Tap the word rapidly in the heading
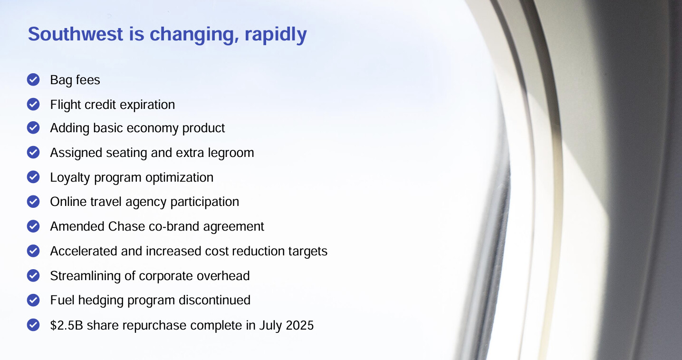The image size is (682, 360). (x=276, y=35)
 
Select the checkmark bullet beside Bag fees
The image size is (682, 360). (x=33, y=79)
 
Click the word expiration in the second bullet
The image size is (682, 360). (x=147, y=105)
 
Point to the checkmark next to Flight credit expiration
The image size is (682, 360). (x=33, y=104)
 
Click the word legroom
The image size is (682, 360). (x=231, y=153)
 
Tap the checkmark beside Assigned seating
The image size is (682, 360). (x=33, y=152)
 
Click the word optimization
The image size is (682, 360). (x=179, y=178)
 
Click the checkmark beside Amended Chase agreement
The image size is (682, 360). (x=33, y=226)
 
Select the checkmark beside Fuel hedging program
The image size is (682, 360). (x=33, y=300)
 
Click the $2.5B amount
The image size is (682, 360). (x=67, y=325)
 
